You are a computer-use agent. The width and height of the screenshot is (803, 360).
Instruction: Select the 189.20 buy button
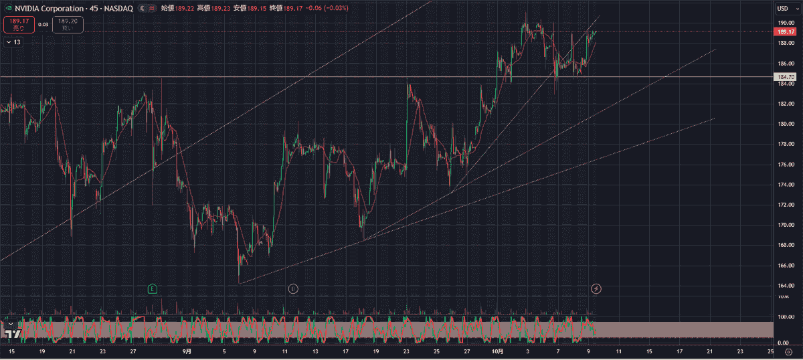(68, 25)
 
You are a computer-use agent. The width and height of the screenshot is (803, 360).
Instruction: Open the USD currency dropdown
(782, 8)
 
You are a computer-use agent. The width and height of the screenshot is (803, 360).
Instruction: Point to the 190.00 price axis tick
(785, 23)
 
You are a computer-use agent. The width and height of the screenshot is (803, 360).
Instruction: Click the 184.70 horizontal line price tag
(785, 78)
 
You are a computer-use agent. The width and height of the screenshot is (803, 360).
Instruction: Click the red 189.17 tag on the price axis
(785, 31)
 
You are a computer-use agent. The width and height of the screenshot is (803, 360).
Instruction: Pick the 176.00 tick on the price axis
(785, 164)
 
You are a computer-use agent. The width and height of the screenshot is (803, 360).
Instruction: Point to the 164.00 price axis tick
(785, 286)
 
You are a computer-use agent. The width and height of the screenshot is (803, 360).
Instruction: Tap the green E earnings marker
(153, 288)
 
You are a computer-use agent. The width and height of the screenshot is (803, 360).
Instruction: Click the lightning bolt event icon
(596, 288)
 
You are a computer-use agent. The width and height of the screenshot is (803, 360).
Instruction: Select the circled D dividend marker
(293, 288)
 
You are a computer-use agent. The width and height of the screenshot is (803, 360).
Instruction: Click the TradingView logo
(11, 333)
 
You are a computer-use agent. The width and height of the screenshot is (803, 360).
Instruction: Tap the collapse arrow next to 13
(7, 42)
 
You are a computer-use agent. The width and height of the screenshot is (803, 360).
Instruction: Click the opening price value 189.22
(185, 9)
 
